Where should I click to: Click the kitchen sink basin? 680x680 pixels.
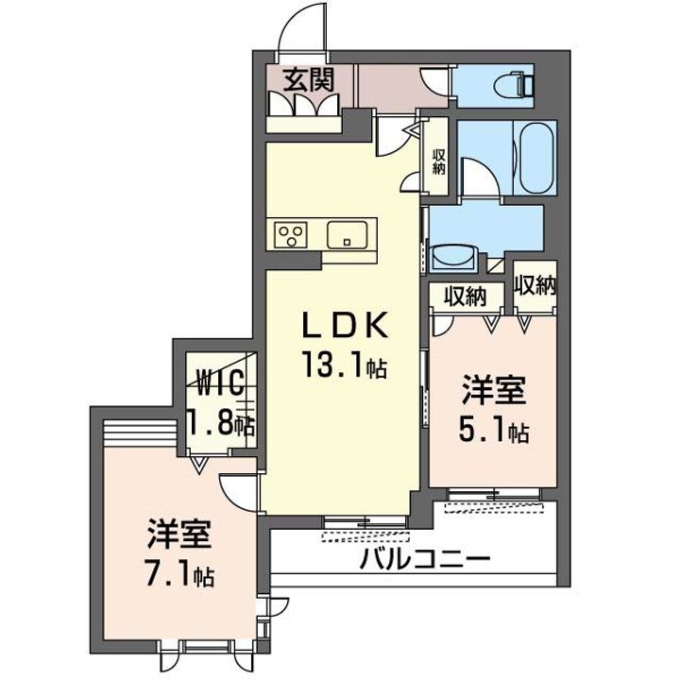tap(351, 234)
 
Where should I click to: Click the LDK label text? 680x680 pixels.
tap(344, 326)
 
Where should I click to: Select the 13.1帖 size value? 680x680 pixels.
tap(344, 365)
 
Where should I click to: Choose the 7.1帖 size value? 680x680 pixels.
tap(179, 573)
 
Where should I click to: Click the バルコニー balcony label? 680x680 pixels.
tap(425, 559)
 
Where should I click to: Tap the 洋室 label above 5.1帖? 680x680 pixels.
tap(494, 390)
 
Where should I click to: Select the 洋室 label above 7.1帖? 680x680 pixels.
tap(179, 535)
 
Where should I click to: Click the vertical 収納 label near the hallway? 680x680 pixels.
tap(439, 161)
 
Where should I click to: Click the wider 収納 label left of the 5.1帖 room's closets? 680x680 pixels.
tap(467, 297)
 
